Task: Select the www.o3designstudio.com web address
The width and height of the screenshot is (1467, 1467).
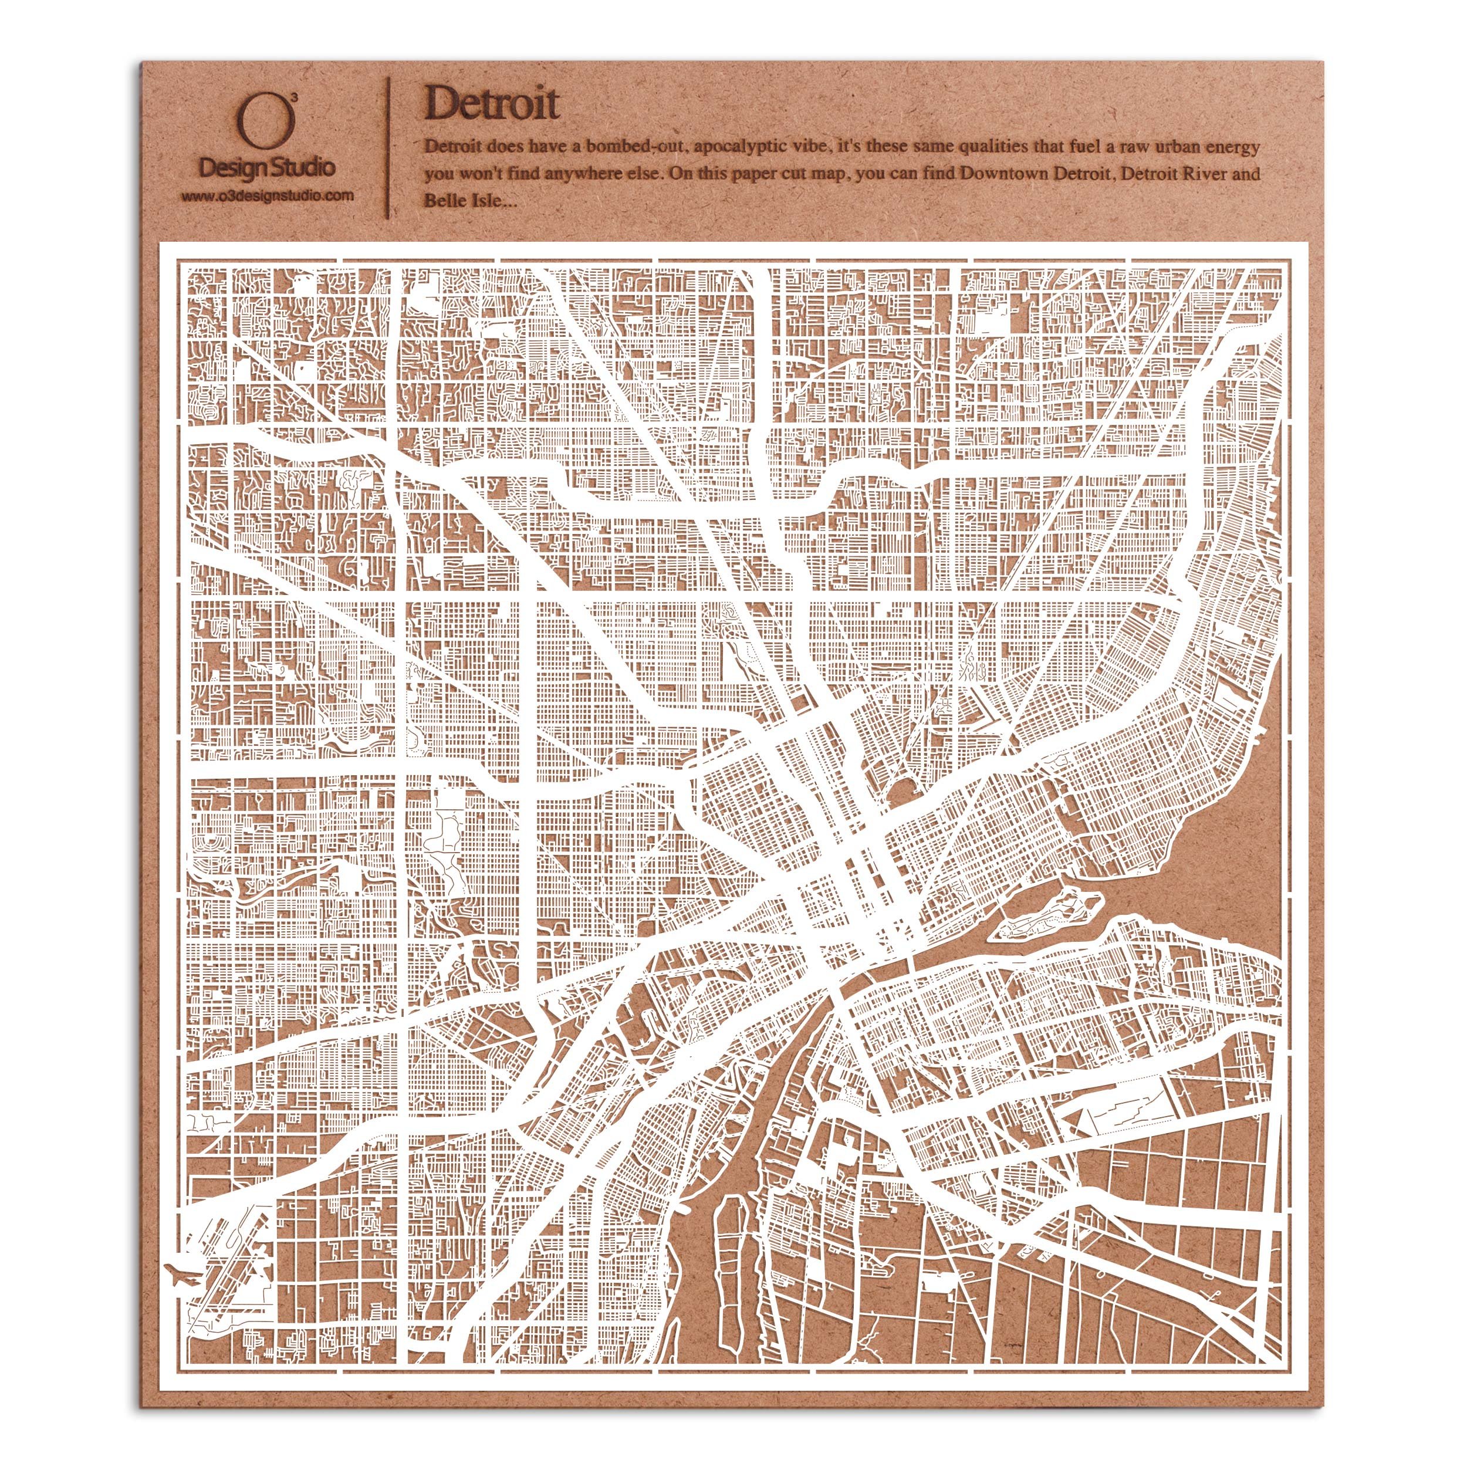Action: pos(266,195)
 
